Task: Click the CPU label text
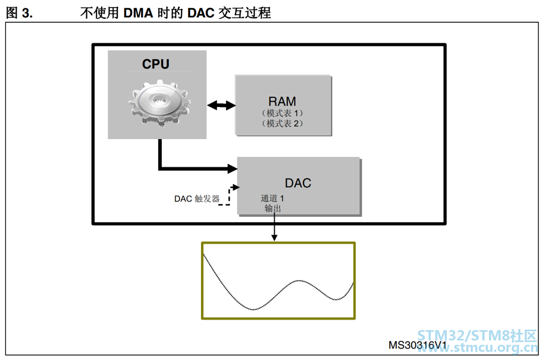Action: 155,64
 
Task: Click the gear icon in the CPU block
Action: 159,103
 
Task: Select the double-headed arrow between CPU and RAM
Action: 222,105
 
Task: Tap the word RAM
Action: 282,102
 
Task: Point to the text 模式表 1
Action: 282,113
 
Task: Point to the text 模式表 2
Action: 282,123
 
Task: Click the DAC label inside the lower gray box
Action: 298,183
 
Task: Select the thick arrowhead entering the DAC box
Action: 232,168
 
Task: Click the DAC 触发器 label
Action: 197,199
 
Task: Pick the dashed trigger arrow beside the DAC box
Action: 229,196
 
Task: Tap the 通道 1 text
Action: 273,198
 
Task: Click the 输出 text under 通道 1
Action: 273,208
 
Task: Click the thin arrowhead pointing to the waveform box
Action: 274,237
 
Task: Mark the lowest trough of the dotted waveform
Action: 254,309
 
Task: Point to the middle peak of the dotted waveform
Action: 299,280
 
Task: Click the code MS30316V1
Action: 417,345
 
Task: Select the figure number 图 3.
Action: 20,13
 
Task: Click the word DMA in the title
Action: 138,13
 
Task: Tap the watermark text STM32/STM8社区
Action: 477,336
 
